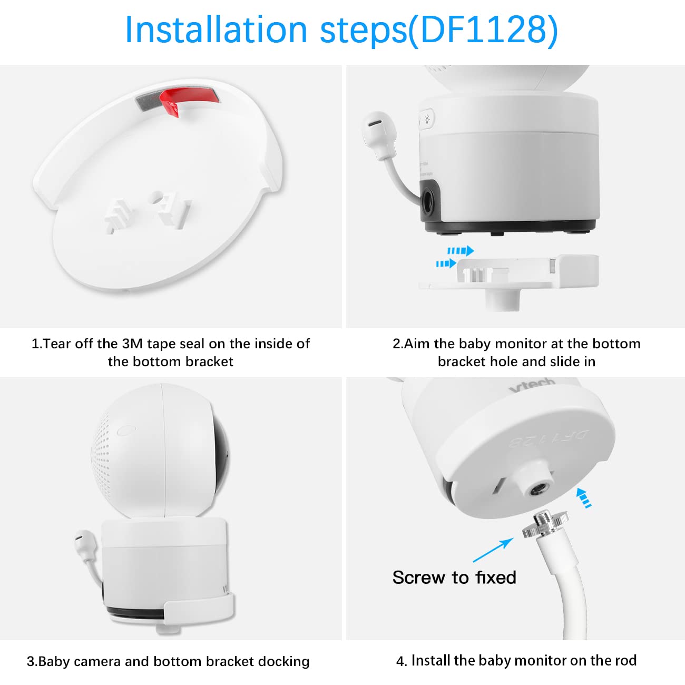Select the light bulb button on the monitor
point(427,119)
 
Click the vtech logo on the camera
point(532,385)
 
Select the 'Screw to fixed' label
point(454,578)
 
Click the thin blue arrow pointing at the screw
point(493,550)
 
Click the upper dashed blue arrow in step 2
point(461,251)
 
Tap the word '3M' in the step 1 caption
point(132,344)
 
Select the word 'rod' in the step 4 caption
point(625,660)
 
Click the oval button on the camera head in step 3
point(126,430)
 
